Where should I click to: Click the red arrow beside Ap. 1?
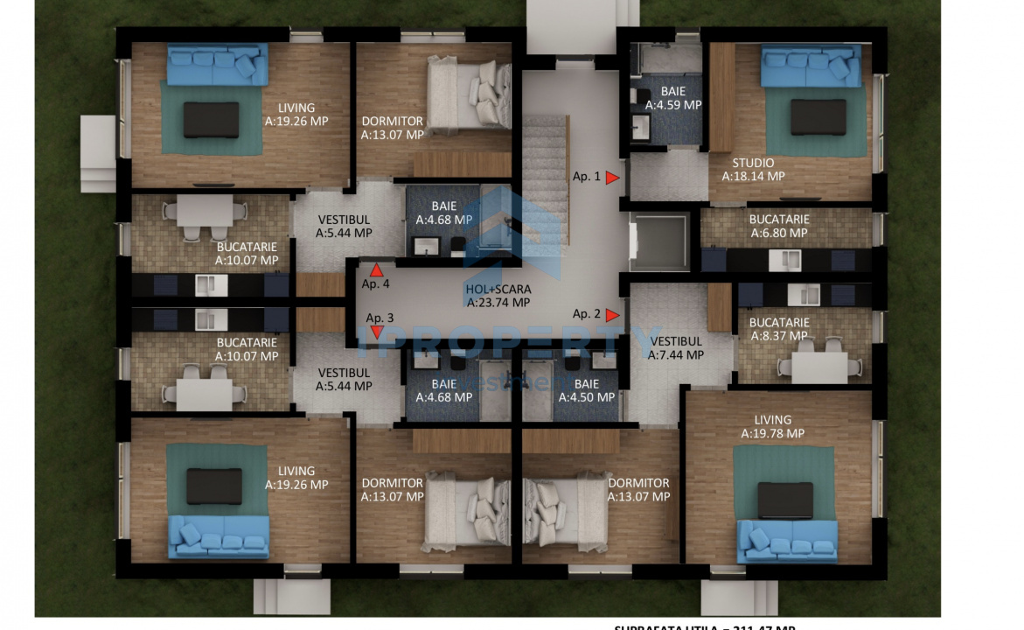[x=613, y=177]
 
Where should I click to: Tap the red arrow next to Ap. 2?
[x=612, y=315]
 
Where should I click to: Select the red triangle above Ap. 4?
[x=377, y=270]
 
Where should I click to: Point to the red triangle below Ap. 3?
[x=377, y=332]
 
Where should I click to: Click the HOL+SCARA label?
[x=498, y=290]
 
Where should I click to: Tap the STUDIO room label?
[x=753, y=163]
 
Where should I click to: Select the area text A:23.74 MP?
[x=498, y=303]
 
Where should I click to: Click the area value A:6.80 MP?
[x=778, y=233]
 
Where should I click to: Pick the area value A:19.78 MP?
[x=772, y=433]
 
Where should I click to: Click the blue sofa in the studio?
[x=811, y=66]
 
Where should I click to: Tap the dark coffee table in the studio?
[x=818, y=117]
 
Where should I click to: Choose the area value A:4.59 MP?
[x=673, y=104]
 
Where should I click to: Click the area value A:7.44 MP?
[x=676, y=354]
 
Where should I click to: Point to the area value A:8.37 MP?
[x=779, y=335]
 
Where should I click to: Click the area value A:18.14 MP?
[x=753, y=176]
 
